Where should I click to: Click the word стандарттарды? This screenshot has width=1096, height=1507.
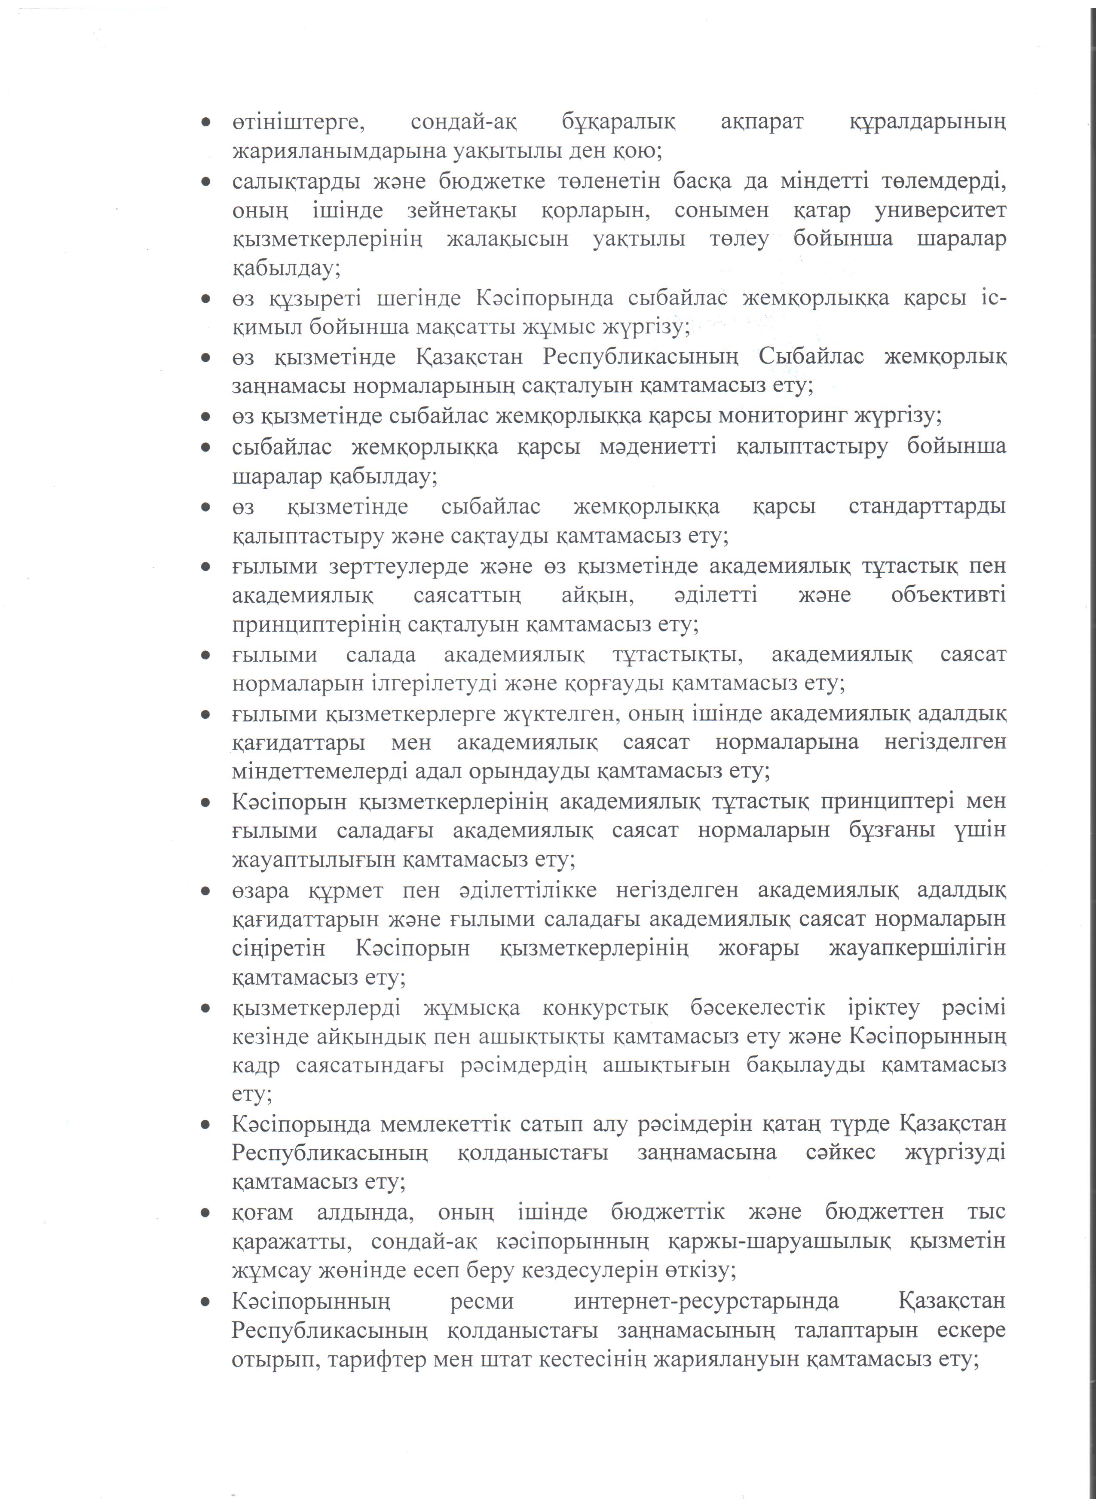point(927,507)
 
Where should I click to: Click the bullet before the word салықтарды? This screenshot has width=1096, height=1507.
point(207,181)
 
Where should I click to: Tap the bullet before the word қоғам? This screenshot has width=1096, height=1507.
point(207,1213)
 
